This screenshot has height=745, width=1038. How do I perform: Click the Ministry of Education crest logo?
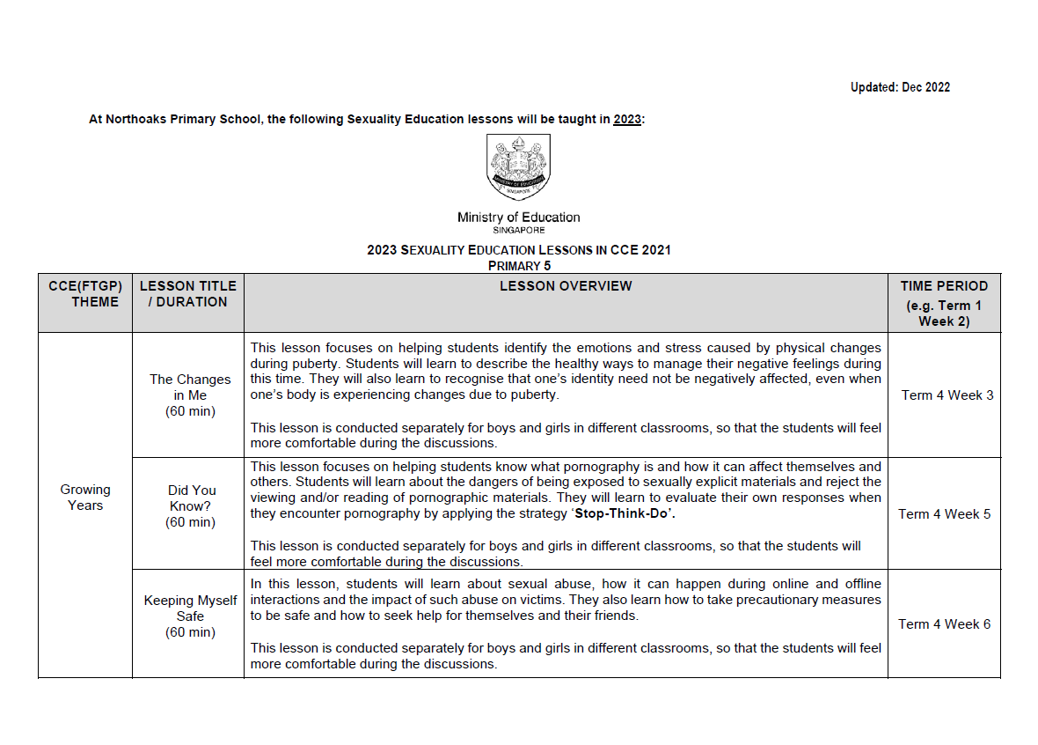click(518, 166)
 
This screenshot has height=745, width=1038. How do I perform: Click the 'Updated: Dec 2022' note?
click(900, 87)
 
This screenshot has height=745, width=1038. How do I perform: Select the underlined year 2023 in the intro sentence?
click(627, 119)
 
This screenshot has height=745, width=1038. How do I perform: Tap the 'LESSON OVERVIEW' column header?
click(565, 286)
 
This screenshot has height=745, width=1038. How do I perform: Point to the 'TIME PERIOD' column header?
click(944, 286)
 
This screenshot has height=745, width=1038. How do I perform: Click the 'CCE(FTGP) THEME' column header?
click(85, 294)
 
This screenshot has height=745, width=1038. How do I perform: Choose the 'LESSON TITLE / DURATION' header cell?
click(188, 294)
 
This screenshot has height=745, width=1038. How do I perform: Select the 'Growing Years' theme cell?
click(85, 498)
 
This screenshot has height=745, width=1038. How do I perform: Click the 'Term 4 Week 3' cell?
click(947, 395)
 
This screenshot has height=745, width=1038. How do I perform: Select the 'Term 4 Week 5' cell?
click(944, 514)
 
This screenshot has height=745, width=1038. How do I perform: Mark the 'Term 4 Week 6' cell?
click(944, 624)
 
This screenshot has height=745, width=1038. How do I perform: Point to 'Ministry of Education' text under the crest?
click(518, 218)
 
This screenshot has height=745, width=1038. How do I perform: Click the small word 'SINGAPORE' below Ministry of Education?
click(518, 230)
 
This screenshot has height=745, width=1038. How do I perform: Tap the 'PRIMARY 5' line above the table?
click(519, 265)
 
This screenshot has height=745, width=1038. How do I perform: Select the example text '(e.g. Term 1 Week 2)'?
click(944, 313)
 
